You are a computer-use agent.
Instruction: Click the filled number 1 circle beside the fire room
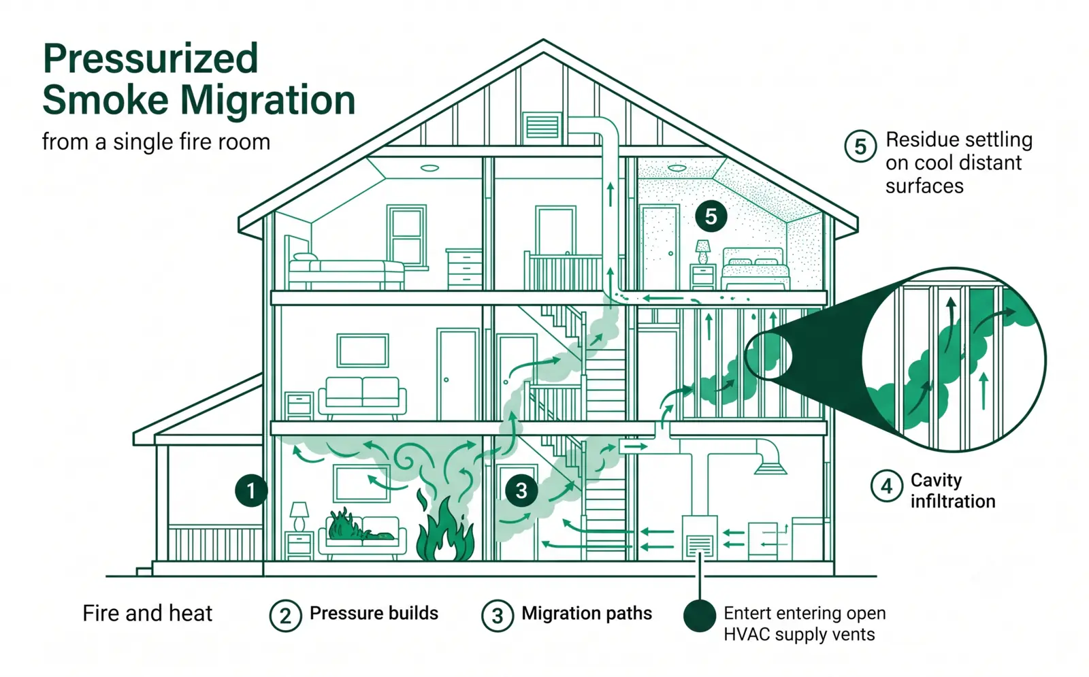tap(251, 491)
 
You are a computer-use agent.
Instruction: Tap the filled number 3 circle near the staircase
tap(521, 491)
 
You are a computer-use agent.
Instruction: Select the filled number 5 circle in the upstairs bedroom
tap(711, 216)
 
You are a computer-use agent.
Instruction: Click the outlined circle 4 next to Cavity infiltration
tap(887, 486)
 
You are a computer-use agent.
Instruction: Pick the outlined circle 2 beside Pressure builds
tap(285, 616)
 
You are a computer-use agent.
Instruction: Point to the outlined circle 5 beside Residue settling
tap(860, 146)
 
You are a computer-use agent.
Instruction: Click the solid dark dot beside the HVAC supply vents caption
tap(700, 615)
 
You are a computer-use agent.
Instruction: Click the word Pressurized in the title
tap(150, 59)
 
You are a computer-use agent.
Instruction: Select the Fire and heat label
tap(147, 613)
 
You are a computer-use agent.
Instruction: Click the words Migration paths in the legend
tap(587, 613)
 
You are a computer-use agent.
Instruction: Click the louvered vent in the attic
tap(542, 128)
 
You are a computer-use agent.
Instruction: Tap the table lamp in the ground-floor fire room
tap(299, 516)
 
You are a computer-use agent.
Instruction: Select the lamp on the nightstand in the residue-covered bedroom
tap(702, 252)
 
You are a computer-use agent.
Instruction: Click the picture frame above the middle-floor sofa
tap(363, 350)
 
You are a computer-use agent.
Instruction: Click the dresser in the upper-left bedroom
tap(464, 269)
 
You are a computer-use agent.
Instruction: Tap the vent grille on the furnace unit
tap(700, 545)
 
